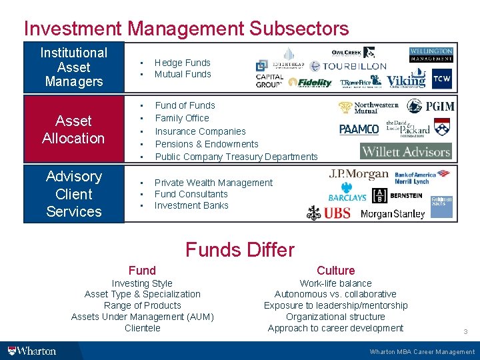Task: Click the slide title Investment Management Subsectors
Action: pos(186,29)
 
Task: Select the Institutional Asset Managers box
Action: pos(73,67)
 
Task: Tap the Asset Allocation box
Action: pos(73,129)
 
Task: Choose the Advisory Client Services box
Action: pos(73,194)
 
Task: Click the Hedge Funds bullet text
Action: pos(182,63)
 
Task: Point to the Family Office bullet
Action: pos(181,118)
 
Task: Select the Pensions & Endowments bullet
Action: pos(207,144)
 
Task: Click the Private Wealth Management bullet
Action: pos(213,183)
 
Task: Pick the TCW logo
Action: pos(441,79)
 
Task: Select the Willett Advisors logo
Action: pos(406,151)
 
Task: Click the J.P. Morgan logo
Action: pos(358,175)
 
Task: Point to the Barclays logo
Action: pos(347,197)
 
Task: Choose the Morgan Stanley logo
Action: pos(393,214)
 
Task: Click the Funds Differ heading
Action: pos(239,250)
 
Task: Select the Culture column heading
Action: pos(335,270)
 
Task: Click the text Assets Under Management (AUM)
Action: pos(142,317)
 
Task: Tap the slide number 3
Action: pos(465,331)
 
